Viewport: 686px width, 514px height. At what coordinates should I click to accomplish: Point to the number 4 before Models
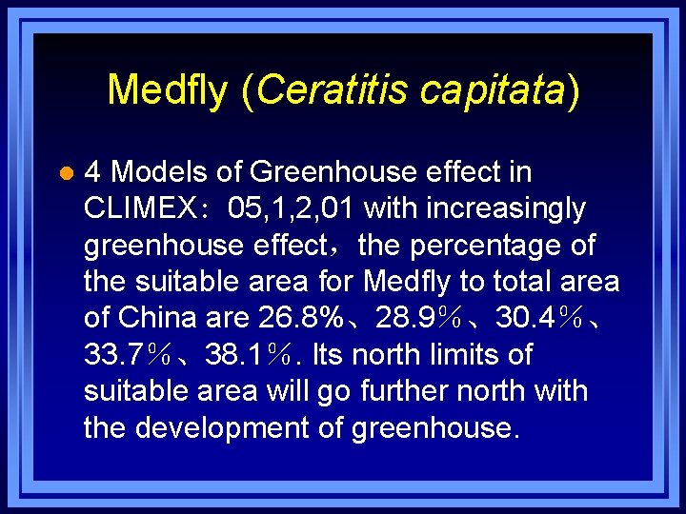click(93, 172)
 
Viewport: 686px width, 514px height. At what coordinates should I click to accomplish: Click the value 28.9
click(406, 318)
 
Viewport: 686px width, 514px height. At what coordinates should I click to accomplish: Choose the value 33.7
click(114, 355)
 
